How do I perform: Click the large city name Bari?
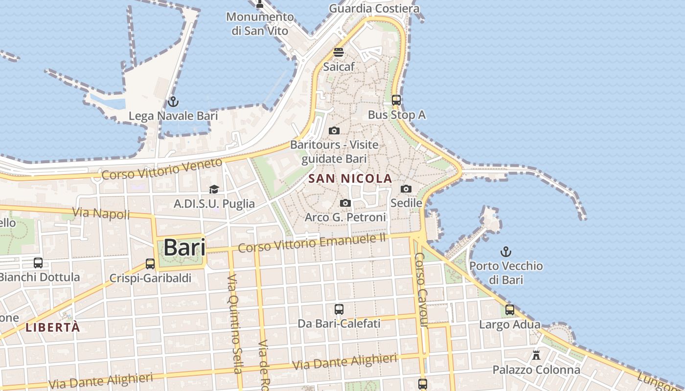tap(184, 247)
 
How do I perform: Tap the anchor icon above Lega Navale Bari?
tap(173, 102)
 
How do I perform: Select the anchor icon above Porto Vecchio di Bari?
tap(506, 252)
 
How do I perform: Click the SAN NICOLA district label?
tap(350, 179)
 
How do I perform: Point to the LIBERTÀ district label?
tap(52, 327)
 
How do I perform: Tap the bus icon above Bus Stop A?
tap(396, 100)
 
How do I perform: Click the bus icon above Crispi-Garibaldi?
tap(150, 264)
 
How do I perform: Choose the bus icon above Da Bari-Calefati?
tap(339, 309)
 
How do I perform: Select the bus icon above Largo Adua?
tap(510, 310)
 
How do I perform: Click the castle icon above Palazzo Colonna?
tap(536, 355)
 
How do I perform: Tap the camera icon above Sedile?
tap(406, 189)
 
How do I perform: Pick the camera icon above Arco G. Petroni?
tap(345, 203)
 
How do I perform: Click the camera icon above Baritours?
tap(334, 130)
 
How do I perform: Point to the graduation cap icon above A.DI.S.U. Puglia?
tap(214, 190)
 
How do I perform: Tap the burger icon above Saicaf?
tap(339, 52)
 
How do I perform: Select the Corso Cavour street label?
tap(422, 290)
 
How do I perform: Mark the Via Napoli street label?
tap(101, 213)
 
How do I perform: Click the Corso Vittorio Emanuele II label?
tap(312, 243)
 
